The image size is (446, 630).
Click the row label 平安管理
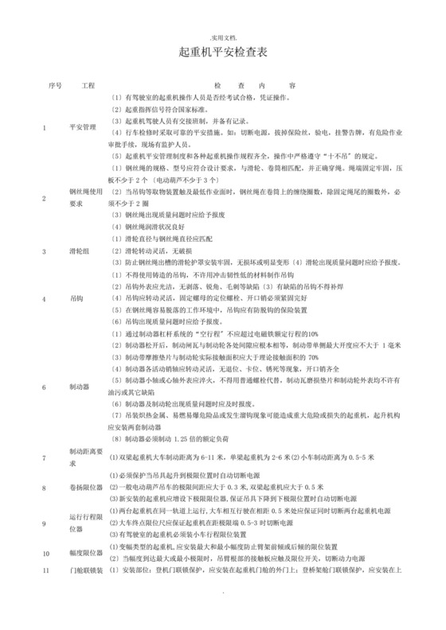tap(83, 126)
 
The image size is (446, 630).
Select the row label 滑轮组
tap(80, 251)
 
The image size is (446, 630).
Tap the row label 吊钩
tap(76, 299)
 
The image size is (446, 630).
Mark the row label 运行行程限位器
tap(87, 523)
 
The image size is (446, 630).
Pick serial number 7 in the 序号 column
tap(45, 457)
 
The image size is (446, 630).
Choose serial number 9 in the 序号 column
tap(45, 523)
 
